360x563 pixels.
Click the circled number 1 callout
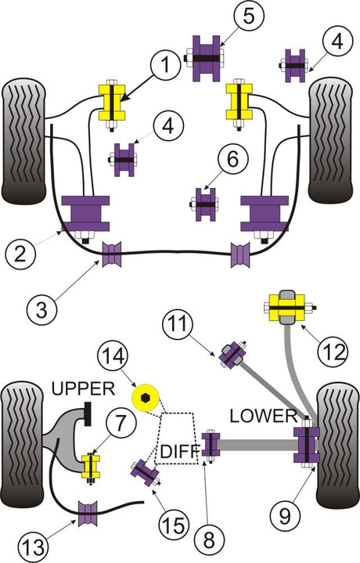[x=165, y=66]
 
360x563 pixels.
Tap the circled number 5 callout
[x=249, y=16]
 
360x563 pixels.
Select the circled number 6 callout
[x=232, y=160]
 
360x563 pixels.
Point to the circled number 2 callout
[x=21, y=254]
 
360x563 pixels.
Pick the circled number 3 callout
[x=42, y=308]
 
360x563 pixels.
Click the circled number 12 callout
[x=333, y=351]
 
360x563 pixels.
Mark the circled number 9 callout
[x=286, y=516]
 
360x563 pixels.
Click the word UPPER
[x=84, y=388]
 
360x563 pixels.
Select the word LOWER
[x=264, y=416]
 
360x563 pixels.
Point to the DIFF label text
[x=178, y=451]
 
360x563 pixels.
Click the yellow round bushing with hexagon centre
[x=145, y=398]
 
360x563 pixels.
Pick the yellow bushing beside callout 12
[x=286, y=308]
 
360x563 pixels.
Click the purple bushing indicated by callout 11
[x=233, y=355]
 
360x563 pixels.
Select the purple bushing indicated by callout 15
[x=146, y=473]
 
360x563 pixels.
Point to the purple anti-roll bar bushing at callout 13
[x=88, y=514]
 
